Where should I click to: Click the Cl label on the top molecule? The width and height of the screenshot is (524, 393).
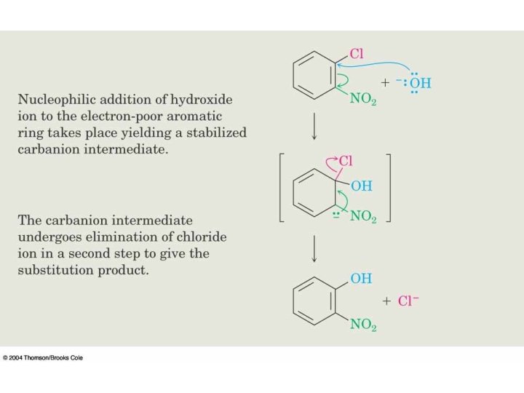357,54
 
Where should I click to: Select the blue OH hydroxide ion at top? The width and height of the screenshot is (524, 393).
419,83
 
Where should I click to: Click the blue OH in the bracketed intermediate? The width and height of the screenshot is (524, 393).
362,186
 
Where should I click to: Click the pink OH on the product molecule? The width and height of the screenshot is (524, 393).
361,278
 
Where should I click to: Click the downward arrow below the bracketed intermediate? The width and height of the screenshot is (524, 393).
314,248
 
